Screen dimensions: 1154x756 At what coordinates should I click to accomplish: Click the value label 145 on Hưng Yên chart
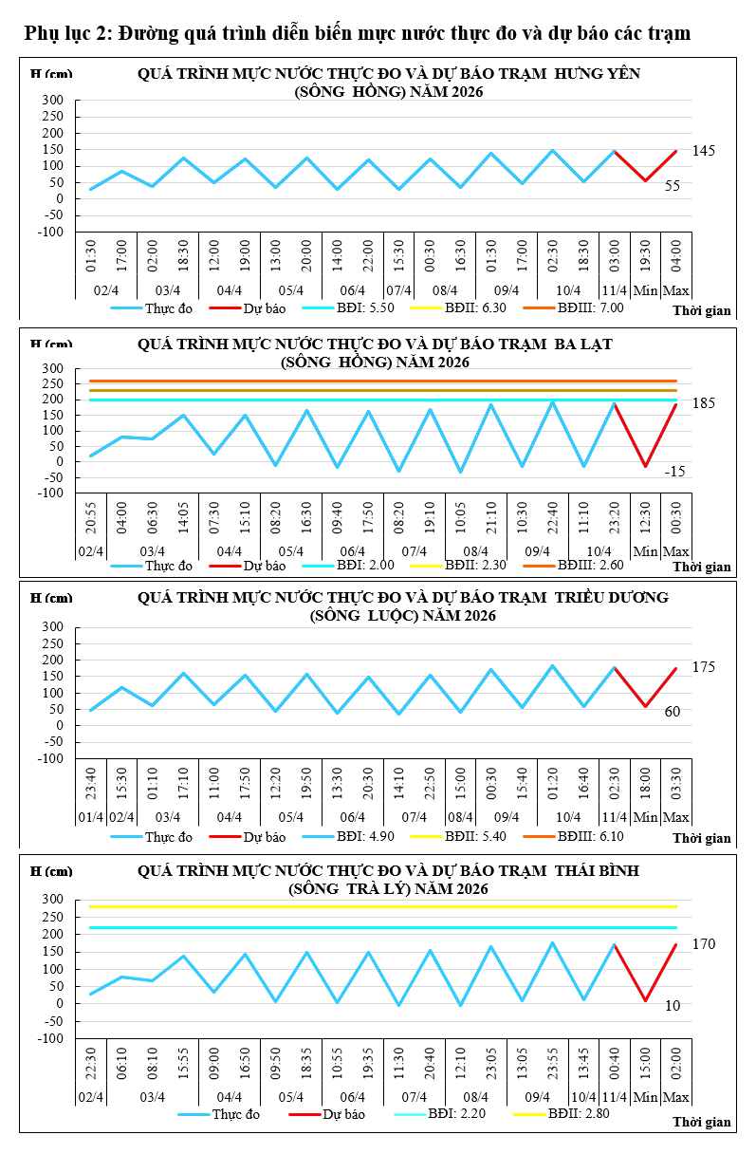pyautogui.click(x=703, y=151)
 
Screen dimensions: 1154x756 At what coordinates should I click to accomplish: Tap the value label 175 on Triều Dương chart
pyautogui.click(x=703, y=667)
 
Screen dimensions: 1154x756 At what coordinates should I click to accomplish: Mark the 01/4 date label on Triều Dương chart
pyautogui.click(x=91, y=817)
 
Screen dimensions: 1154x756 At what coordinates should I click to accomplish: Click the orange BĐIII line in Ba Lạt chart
pyautogui.click(x=379, y=381)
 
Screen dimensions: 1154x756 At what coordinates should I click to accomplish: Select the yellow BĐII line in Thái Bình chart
pyautogui.click(x=379, y=906)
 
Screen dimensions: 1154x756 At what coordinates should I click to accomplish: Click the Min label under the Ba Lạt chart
pyautogui.click(x=645, y=551)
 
